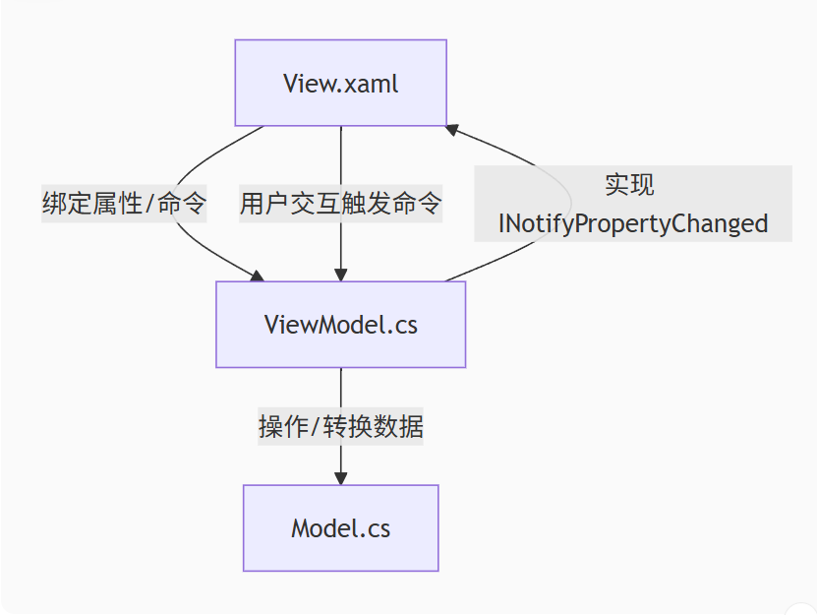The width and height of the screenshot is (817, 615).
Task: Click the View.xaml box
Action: (340, 83)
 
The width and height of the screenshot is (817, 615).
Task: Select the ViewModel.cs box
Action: (340, 325)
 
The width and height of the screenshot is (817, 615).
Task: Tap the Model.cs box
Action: (340, 527)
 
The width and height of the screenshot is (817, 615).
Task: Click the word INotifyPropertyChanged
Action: (632, 223)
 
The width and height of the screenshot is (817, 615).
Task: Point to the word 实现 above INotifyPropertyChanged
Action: (629, 185)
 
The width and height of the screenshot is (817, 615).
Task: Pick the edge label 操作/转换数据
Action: (340, 427)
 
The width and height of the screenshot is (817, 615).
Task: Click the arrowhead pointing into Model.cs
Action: (340, 477)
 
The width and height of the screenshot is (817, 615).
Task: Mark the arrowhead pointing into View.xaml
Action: (451, 129)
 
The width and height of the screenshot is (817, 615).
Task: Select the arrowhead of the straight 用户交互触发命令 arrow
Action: (340, 275)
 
